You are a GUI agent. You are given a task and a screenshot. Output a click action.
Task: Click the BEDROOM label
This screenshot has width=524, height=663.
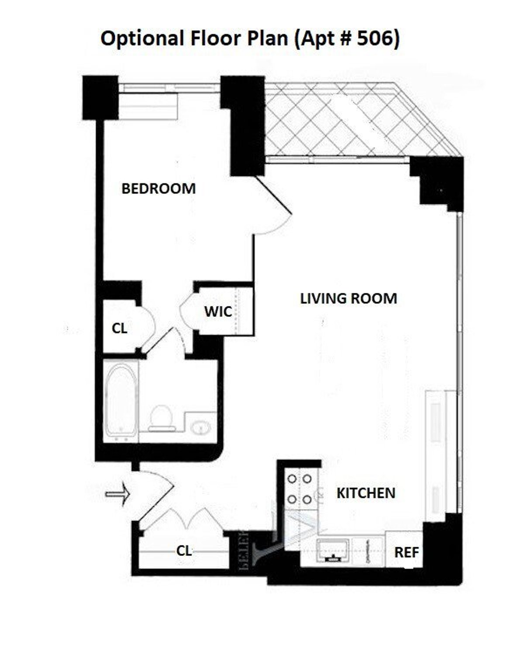click(159, 189)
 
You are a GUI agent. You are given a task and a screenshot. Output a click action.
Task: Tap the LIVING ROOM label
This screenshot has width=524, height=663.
click(348, 299)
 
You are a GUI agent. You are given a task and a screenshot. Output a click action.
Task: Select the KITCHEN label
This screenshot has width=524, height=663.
click(366, 493)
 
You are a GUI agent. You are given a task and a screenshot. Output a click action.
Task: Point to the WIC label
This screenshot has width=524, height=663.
click(218, 312)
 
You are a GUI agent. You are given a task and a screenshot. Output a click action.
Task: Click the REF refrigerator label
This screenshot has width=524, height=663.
click(407, 552)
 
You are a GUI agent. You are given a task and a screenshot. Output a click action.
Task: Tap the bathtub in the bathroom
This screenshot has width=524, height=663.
click(121, 401)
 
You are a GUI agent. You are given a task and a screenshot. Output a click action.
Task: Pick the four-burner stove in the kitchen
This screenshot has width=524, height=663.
click(299, 489)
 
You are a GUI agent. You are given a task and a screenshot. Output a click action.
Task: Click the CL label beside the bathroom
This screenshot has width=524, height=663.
click(120, 328)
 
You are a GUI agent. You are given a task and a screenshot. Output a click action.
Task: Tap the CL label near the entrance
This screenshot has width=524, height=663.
click(184, 551)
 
